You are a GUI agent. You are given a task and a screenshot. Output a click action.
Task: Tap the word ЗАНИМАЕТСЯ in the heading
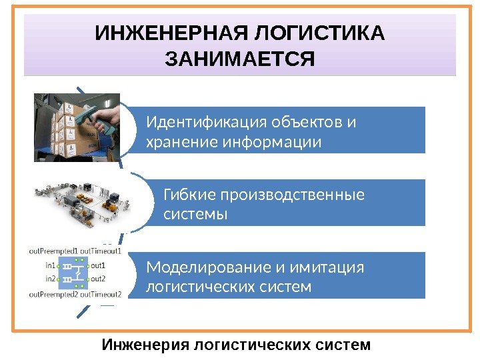pos(239,61)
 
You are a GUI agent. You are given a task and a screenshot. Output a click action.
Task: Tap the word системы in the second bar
pos(195,214)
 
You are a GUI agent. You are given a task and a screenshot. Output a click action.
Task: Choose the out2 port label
pos(98,279)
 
